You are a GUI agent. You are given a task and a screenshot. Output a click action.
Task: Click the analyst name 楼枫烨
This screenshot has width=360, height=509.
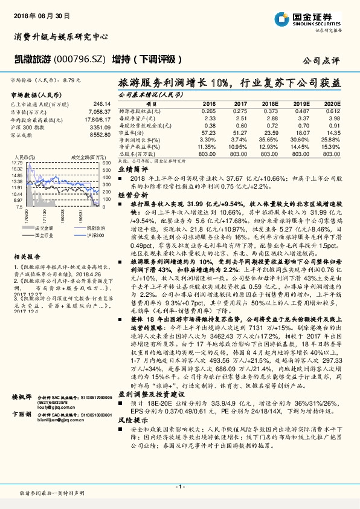tap(23, 415)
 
